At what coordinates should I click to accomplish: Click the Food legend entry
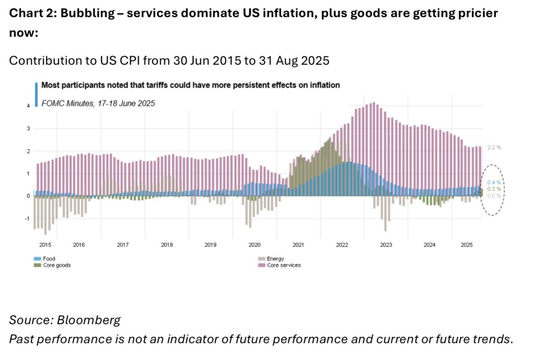click(50, 258)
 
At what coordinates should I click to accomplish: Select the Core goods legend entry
click(57, 265)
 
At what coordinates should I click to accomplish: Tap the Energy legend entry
click(275, 258)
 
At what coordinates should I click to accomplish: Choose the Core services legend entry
click(284, 265)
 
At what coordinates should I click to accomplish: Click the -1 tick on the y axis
click(27, 219)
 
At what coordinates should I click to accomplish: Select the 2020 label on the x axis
click(254, 245)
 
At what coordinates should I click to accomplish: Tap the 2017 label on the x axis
click(122, 245)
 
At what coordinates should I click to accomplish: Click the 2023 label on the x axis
click(386, 245)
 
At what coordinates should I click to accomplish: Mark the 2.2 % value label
click(494, 148)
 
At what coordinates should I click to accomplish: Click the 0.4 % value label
click(494, 182)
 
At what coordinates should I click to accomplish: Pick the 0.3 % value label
click(494, 188)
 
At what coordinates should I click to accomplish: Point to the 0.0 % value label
click(494, 195)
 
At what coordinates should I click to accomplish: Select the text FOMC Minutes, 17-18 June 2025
click(98, 103)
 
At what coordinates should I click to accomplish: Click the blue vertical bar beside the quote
click(36, 94)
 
